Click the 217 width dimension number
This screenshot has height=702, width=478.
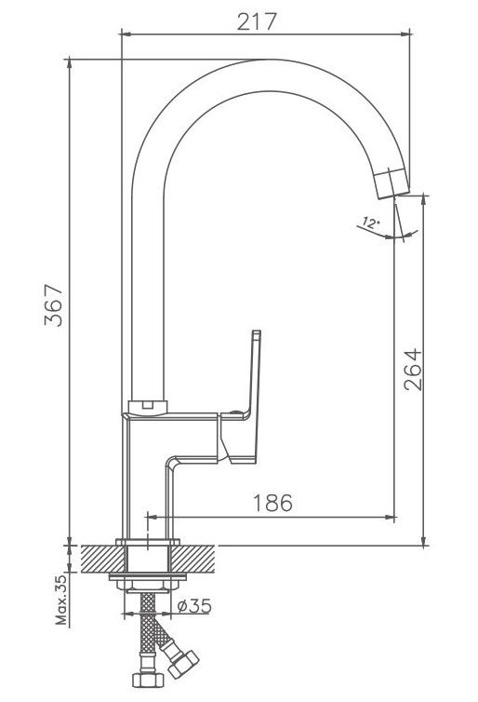(257, 21)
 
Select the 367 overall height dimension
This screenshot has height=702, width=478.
(54, 304)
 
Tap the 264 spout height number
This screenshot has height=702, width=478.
(413, 370)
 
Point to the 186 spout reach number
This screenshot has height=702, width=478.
(272, 503)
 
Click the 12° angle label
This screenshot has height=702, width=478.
(370, 223)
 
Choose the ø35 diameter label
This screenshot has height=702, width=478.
(194, 606)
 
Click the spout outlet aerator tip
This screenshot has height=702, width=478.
(392, 182)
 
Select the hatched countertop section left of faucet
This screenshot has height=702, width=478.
(102, 559)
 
